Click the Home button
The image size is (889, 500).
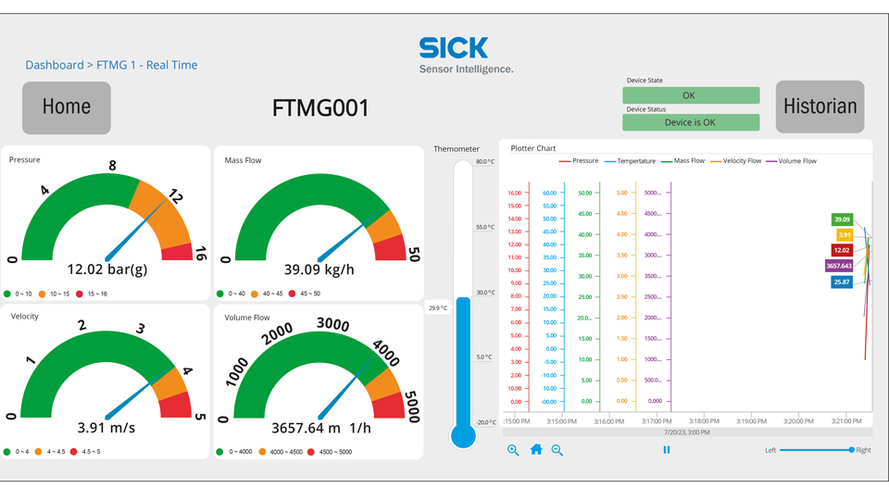pos(67,107)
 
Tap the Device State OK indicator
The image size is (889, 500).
pos(691,95)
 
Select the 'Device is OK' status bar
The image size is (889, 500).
pos(691,122)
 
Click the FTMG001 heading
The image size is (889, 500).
pos(320,108)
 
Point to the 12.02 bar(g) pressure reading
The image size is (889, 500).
pos(106,269)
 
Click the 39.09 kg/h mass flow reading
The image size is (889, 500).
pos(319,269)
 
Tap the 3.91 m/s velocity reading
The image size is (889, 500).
pos(106,428)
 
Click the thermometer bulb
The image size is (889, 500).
pos(463,435)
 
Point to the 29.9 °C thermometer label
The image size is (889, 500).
pos(437,308)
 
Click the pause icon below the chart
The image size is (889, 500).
pos(666,450)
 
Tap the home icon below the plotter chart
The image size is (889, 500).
pos(535,450)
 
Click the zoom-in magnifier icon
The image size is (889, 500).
pos(513,450)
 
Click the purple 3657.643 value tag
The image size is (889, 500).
pos(839,266)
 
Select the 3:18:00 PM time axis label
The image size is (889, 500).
pos(704,421)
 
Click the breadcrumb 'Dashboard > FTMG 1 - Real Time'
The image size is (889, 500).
pos(111,65)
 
